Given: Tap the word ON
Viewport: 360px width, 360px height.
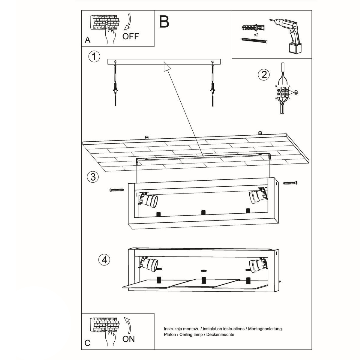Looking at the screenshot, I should [129, 339].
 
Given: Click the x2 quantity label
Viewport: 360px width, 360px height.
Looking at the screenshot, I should [257, 35].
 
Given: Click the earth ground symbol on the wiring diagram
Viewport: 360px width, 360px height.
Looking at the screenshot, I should [295, 93].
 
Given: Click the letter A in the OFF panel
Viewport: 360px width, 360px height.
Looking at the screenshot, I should [87, 40].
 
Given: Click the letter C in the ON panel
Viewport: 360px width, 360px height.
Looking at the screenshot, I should [87, 343].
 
